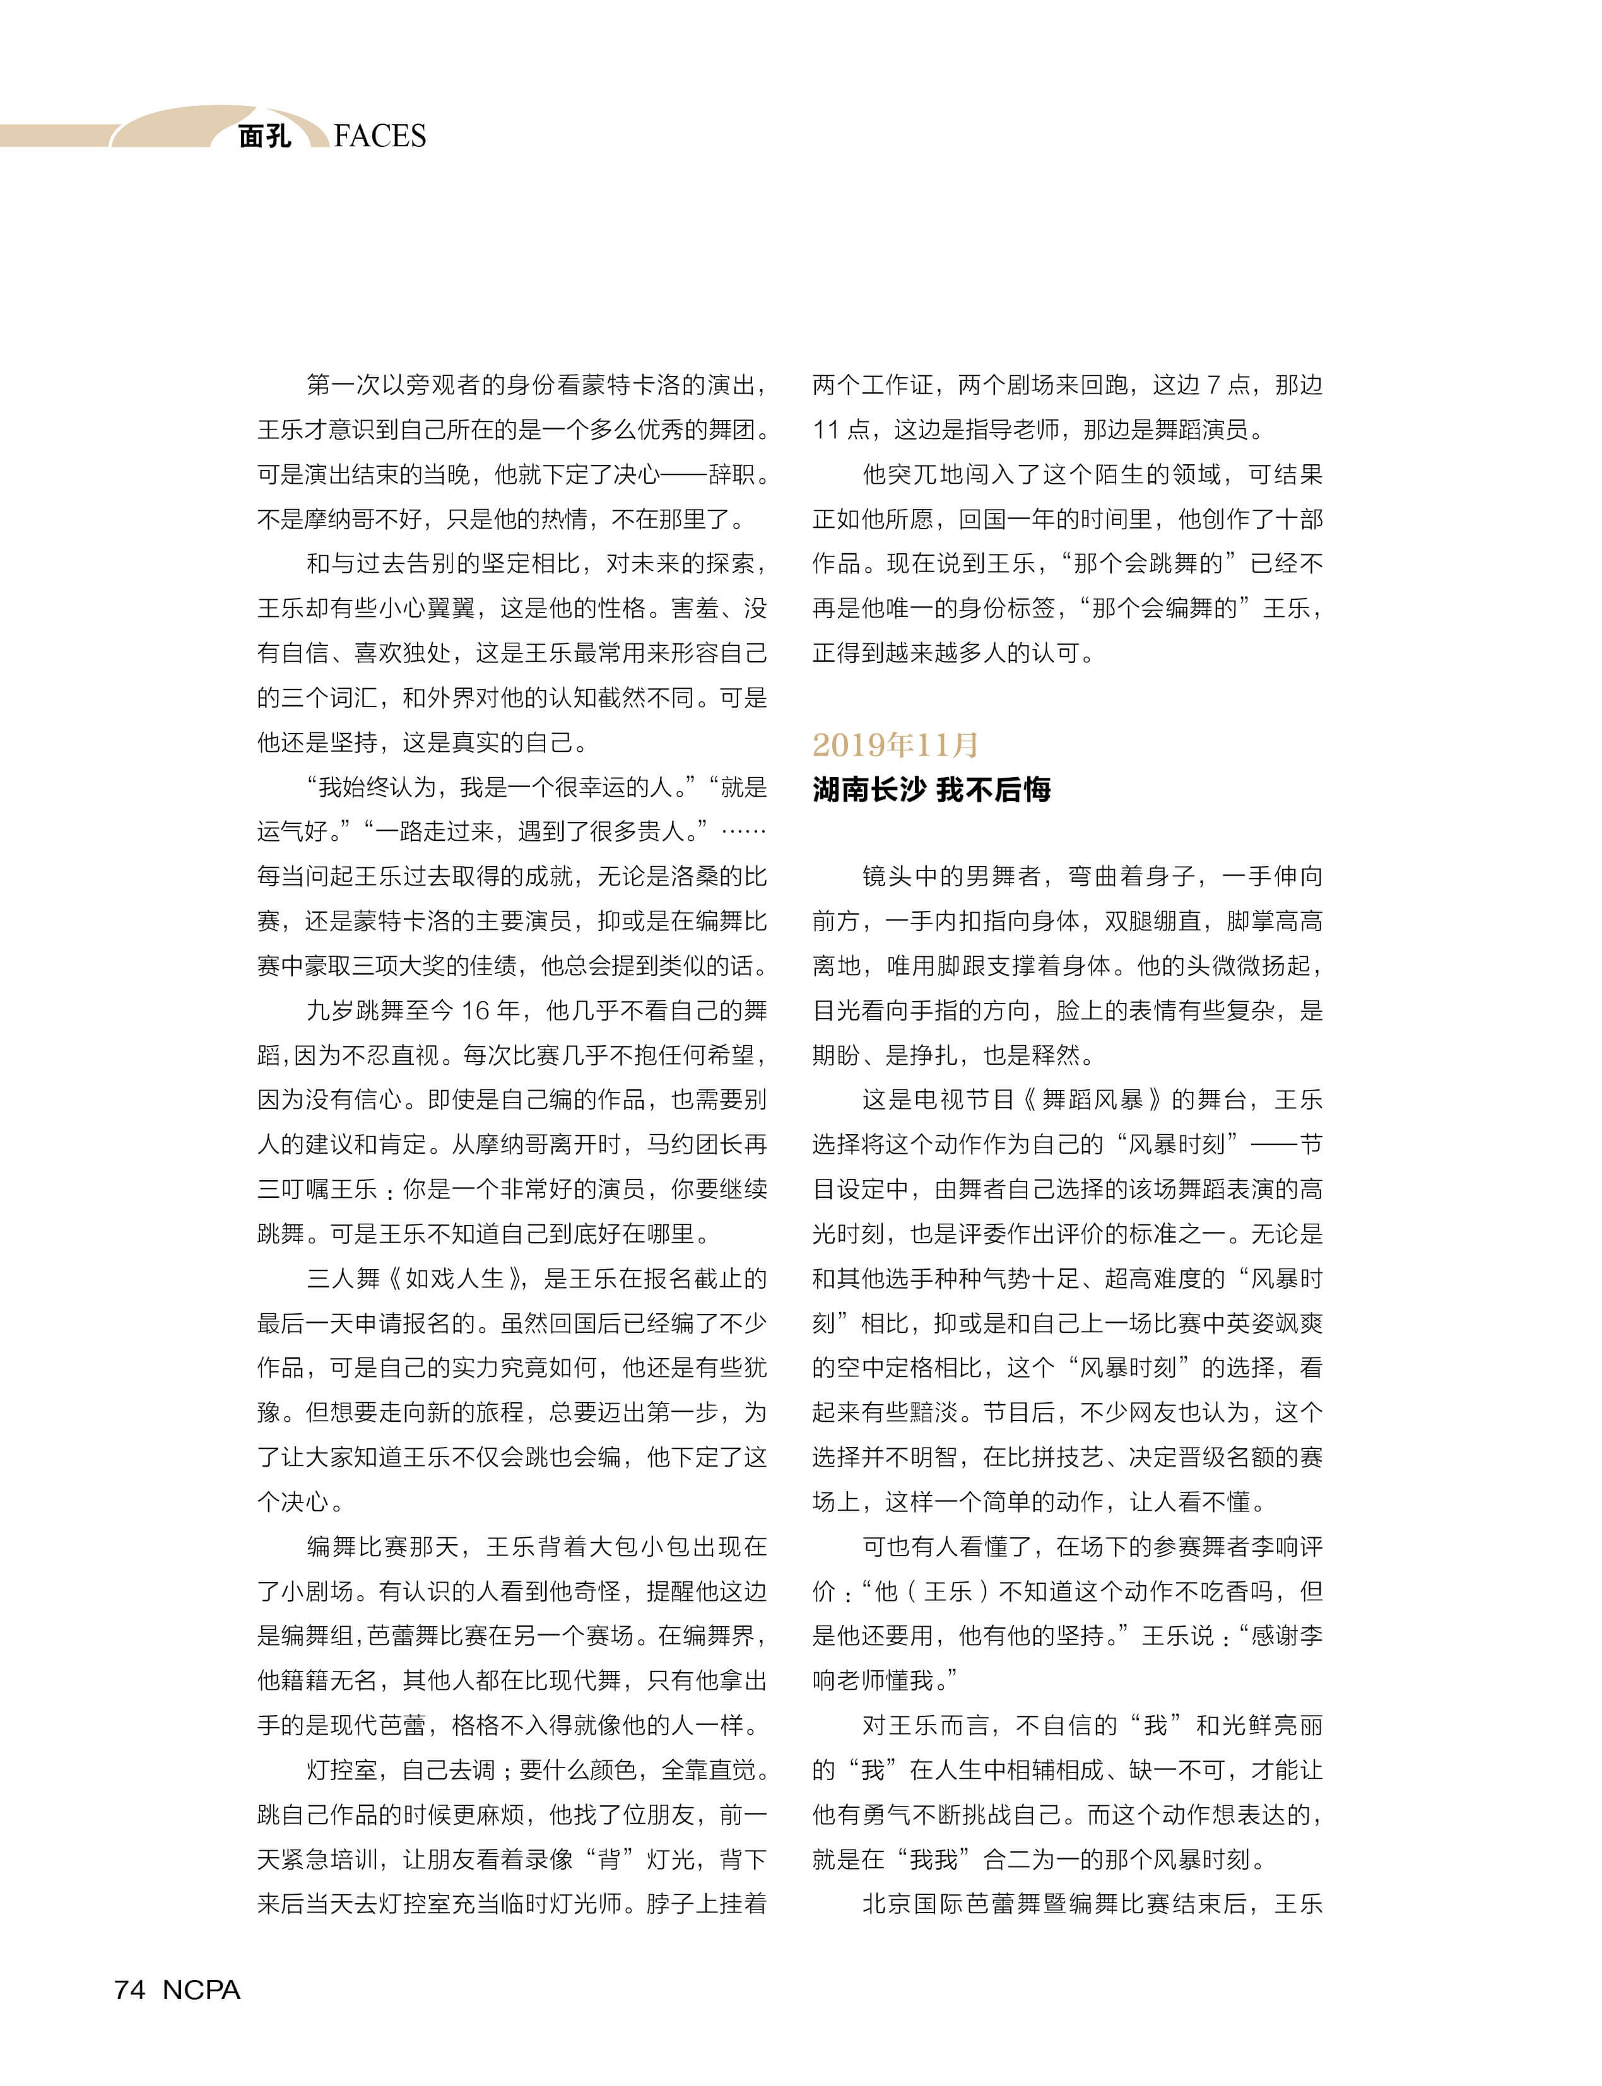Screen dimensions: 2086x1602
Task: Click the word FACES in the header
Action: click(380, 136)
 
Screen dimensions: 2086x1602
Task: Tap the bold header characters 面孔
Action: click(264, 136)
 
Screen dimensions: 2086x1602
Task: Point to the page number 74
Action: click(130, 1989)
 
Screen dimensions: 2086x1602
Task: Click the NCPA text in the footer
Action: click(201, 1989)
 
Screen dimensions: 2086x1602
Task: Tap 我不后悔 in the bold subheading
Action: click(994, 789)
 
